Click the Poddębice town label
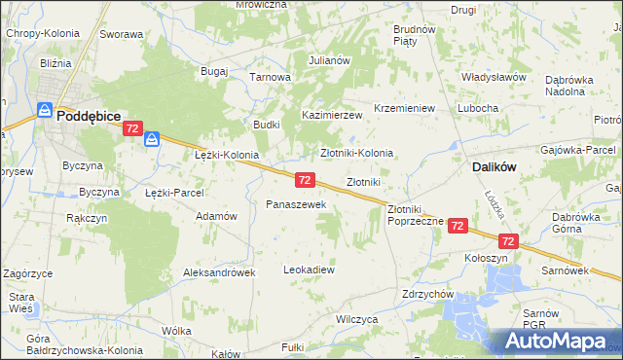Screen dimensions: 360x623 (89, 115)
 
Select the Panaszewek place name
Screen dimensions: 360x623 (302, 204)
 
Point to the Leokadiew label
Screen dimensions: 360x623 (309, 270)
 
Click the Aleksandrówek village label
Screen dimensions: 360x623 (219, 273)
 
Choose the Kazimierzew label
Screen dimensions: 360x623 (331, 115)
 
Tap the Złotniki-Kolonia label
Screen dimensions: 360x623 (357, 153)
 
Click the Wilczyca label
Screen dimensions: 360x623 (356, 318)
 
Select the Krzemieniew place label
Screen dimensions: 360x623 (403, 108)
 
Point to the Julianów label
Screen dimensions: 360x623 (329, 60)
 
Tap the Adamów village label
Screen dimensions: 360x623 (217, 216)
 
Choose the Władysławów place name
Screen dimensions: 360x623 (494, 76)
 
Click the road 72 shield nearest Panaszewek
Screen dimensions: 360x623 (305, 180)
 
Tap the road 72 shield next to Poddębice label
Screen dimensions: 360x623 (134, 128)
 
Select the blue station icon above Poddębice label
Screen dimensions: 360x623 (44, 110)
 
